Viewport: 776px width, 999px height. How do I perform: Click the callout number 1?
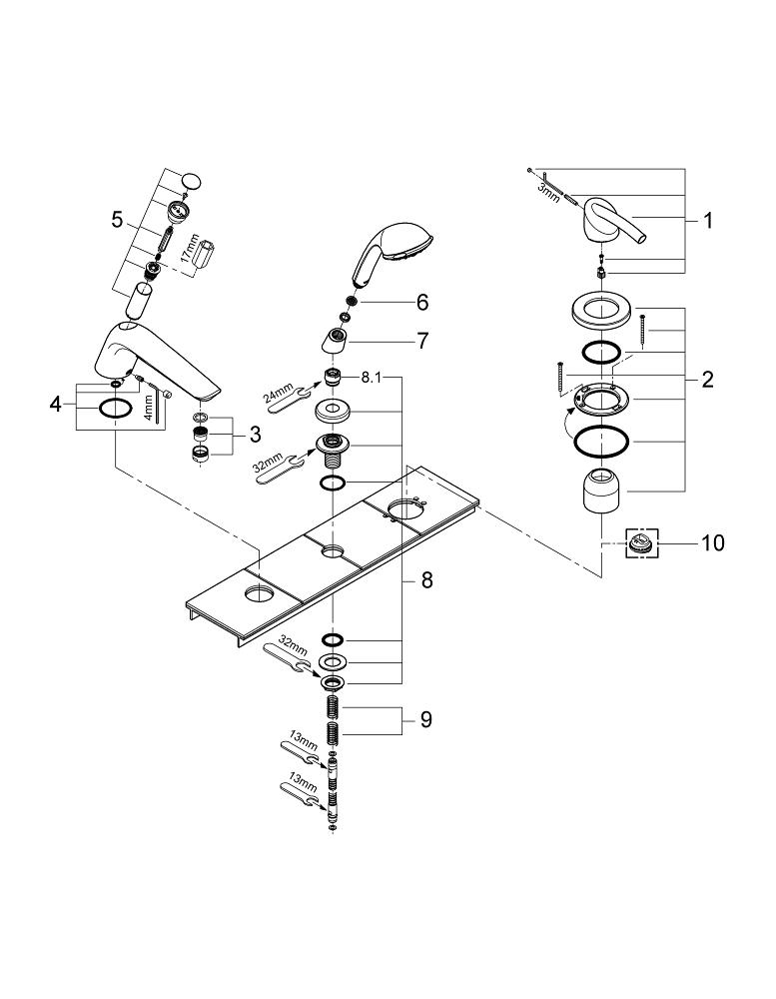(707, 221)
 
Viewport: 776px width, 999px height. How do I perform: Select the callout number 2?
(707, 380)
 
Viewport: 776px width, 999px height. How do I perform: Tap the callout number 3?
(255, 436)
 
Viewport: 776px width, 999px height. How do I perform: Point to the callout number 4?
(56, 404)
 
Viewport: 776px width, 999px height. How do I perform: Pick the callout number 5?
(117, 221)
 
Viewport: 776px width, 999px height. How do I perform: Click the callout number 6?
(422, 302)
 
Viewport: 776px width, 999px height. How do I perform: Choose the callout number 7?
(423, 341)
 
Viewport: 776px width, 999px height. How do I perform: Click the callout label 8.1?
(372, 378)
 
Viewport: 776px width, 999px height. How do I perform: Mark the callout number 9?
(425, 720)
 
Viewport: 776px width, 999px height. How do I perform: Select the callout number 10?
(713, 543)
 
